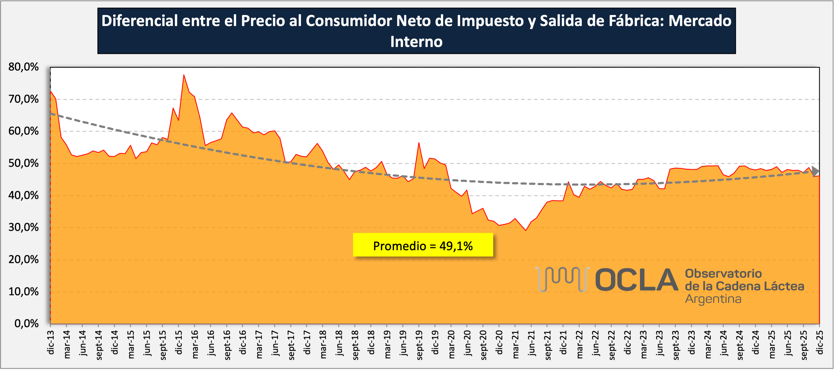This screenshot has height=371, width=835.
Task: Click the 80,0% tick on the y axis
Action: [x=23, y=67]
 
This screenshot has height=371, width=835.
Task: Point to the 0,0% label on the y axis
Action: [x=26, y=324]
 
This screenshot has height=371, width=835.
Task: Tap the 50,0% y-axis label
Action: [x=23, y=163]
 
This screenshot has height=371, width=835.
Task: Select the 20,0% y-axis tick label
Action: [x=23, y=259]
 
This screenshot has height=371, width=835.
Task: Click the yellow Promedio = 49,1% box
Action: [x=423, y=245]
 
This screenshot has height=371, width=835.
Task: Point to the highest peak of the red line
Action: [x=184, y=75]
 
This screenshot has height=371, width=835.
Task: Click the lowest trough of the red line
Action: [x=525, y=230]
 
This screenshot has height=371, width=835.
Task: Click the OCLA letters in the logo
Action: [x=636, y=280]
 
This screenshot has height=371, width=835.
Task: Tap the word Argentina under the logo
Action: [x=713, y=299]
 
